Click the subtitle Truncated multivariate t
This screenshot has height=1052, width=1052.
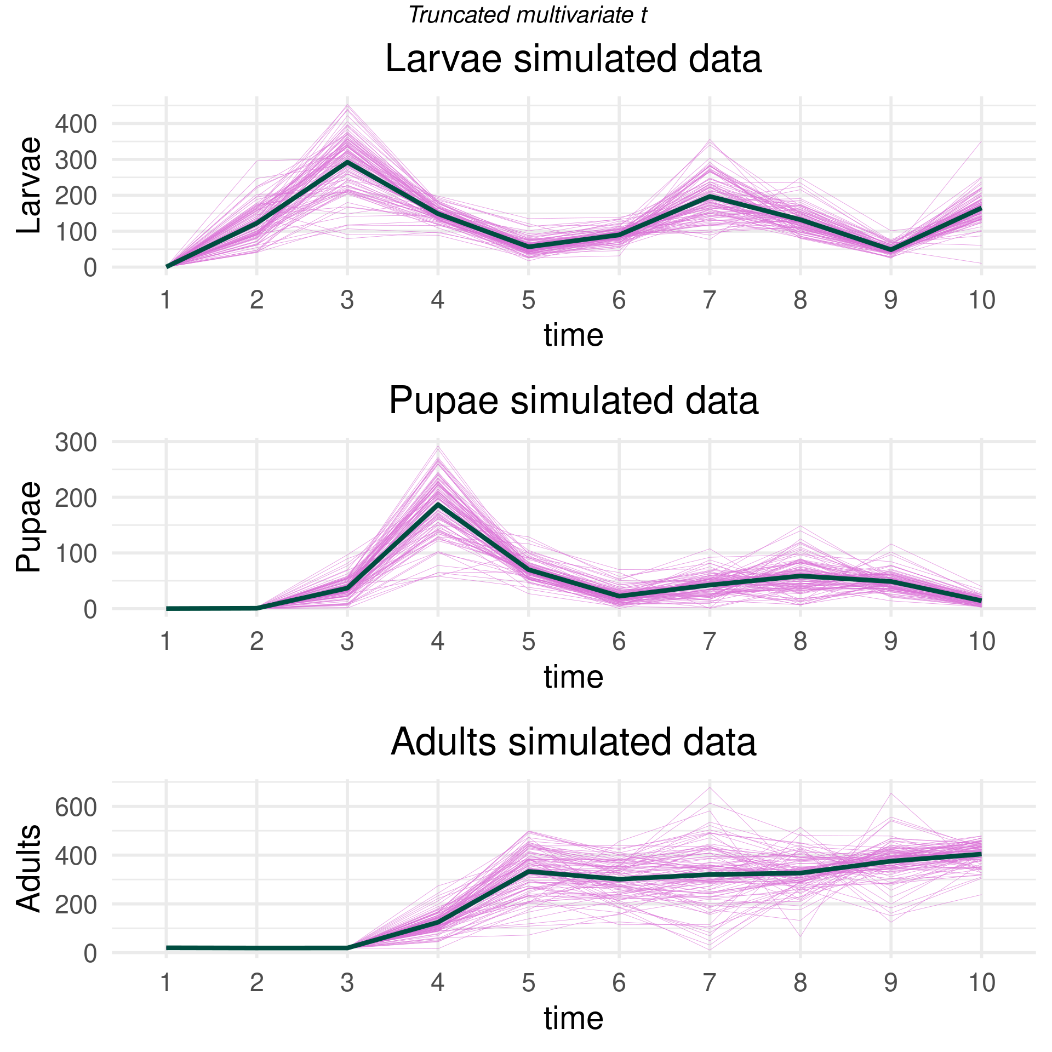tap(528, 15)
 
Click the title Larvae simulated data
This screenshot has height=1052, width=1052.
tap(573, 59)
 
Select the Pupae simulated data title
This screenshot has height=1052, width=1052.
tap(573, 401)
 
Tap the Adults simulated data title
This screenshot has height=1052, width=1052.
tap(573, 742)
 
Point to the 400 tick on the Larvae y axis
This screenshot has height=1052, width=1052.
tap(76, 124)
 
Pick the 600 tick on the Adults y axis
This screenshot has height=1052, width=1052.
tap(76, 807)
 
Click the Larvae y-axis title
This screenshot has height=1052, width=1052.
tap(28, 185)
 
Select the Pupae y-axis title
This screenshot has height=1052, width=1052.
tap(28, 527)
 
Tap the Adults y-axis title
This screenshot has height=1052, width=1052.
tap(28, 868)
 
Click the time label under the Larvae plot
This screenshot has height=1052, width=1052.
tap(573, 335)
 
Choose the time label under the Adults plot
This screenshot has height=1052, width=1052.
tap(573, 1018)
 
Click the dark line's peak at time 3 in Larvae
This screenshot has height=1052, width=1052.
tap(347, 162)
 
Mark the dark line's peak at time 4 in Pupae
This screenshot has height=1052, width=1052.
tap(438, 504)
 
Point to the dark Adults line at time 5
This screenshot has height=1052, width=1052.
tap(529, 871)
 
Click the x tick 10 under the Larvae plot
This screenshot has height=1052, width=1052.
tap(981, 300)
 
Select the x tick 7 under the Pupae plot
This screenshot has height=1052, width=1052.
tap(710, 642)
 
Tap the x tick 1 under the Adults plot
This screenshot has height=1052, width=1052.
tap(166, 983)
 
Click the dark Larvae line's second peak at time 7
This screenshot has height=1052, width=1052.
tap(710, 196)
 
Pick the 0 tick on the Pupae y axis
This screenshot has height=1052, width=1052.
tap(89, 609)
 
